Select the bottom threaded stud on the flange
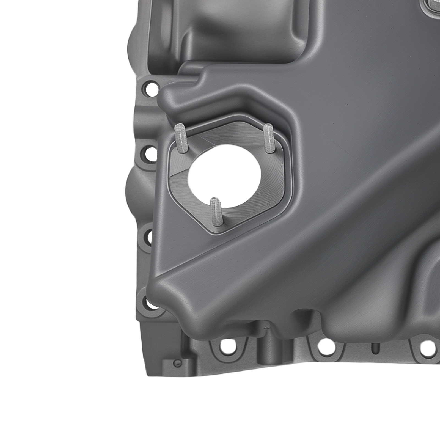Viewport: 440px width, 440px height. coord(216,211)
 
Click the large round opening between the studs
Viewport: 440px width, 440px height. coord(224,176)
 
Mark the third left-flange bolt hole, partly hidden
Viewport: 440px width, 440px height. coord(150,237)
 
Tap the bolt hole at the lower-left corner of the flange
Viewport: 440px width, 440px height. coord(151,304)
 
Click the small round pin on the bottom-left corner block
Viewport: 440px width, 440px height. coord(177,363)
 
